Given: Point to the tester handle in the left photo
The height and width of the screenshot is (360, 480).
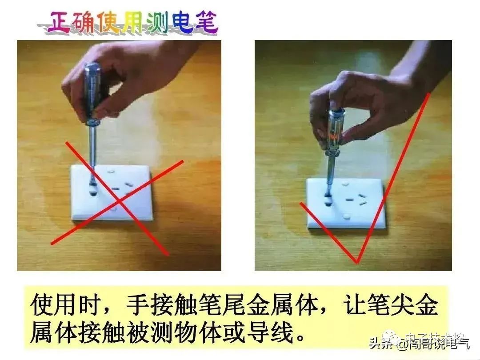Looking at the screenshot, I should [92, 89].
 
